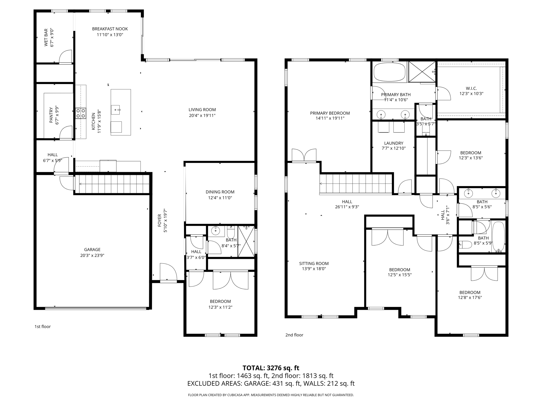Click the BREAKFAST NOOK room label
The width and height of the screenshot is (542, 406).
pyautogui.click(x=110, y=29)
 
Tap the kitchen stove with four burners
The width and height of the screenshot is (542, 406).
pyautogui.click(x=81, y=113)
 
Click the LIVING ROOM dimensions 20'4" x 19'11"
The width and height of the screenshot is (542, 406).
pyautogui.click(x=202, y=116)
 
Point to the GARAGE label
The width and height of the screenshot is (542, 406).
pyautogui.click(x=92, y=250)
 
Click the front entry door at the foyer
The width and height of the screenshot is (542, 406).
pyautogui.click(x=168, y=272)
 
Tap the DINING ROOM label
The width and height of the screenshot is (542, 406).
pyautogui.click(x=220, y=192)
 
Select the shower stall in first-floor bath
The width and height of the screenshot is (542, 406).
pyautogui.click(x=246, y=241)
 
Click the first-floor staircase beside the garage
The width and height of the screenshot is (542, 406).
pyautogui.click(x=112, y=184)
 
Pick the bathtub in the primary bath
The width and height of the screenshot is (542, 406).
pyautogui.click(x=389, y=72)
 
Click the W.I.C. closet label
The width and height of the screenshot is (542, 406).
pyautogui.click(x=471, y=88)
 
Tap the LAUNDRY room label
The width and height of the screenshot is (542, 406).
pyautogui.click(x=394, y=143)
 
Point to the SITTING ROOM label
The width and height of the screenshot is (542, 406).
pyautogui.click(x=314, y=264)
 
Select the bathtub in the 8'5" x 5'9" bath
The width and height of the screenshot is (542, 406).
pyautogui.click(x=498, y=237)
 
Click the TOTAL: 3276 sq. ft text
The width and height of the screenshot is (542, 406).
pyautogui.click(x=271, y=368)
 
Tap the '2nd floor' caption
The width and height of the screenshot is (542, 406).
pyautogui.click(x=294, y=335)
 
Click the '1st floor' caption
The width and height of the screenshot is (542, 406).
pyautogui.click(x=42, y=326)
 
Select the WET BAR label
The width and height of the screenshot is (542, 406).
pyautogui.click(x=46, y=38)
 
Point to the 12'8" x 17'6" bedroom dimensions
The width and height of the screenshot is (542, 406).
pyautogui.click(x=470, y=297)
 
